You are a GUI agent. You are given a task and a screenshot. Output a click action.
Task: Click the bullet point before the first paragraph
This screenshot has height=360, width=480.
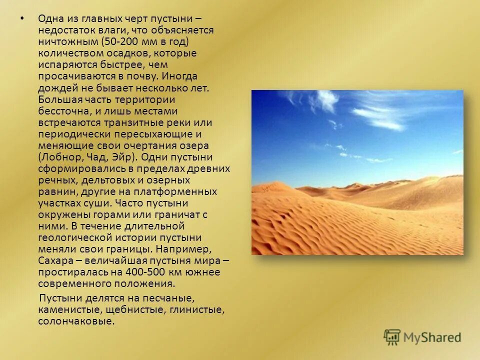click(21, 19)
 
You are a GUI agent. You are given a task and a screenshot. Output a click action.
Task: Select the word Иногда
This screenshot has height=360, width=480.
click(179, 76)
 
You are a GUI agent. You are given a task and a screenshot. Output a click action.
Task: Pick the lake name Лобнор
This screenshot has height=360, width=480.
click(59, 156)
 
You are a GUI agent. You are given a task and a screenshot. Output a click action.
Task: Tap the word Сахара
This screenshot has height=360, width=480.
click(54, 260)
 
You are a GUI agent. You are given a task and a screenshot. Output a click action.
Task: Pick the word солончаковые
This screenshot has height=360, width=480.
click(75, 321)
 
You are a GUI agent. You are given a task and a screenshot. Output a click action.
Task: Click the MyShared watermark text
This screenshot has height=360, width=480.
click(432, 337)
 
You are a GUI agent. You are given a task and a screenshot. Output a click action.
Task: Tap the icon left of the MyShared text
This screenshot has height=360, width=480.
click(392, 337)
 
